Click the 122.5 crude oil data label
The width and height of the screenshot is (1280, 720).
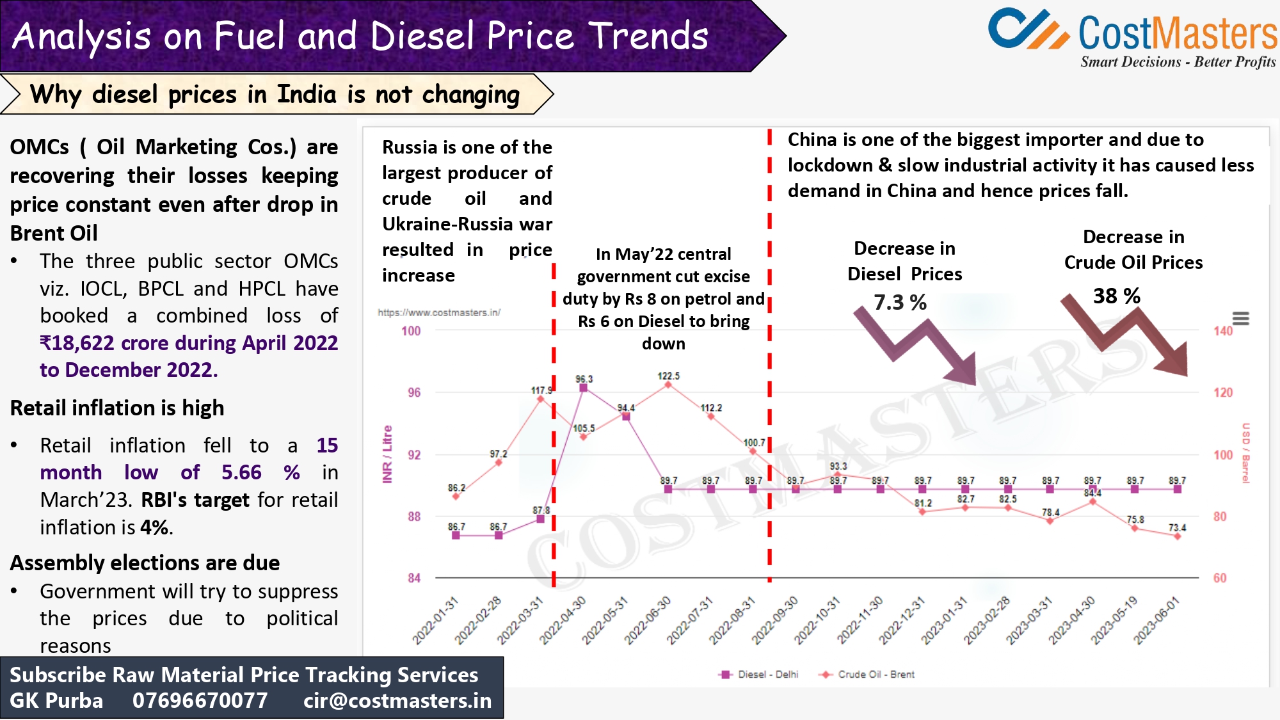[x=668, y=376]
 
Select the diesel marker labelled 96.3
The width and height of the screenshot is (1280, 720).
[x=583, y=388]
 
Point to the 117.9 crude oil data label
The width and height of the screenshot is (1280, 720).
[x=541, y=390]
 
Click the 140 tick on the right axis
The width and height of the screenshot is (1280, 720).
[x=1222, y=331]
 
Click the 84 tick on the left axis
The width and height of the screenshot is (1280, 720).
[x=414, y=578]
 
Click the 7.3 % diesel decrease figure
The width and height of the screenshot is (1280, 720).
[x=900, y=302]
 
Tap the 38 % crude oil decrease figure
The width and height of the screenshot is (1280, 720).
[x=1116, y=296]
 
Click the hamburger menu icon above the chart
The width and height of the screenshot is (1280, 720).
[x=1240, y=318]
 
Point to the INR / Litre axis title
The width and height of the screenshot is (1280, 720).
[x=387, y=454]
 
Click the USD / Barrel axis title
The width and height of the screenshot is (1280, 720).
[x=1245, y=453]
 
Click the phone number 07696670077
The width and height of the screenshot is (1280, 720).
[x=200, y=701]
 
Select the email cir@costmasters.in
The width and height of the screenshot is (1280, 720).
[x=397, y=701]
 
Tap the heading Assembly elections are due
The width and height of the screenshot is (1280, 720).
[x=145, y=563]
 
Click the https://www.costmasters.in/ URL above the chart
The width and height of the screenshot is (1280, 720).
[x=439, y=312]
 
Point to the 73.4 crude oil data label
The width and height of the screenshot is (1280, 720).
[x=1177, y=528]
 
